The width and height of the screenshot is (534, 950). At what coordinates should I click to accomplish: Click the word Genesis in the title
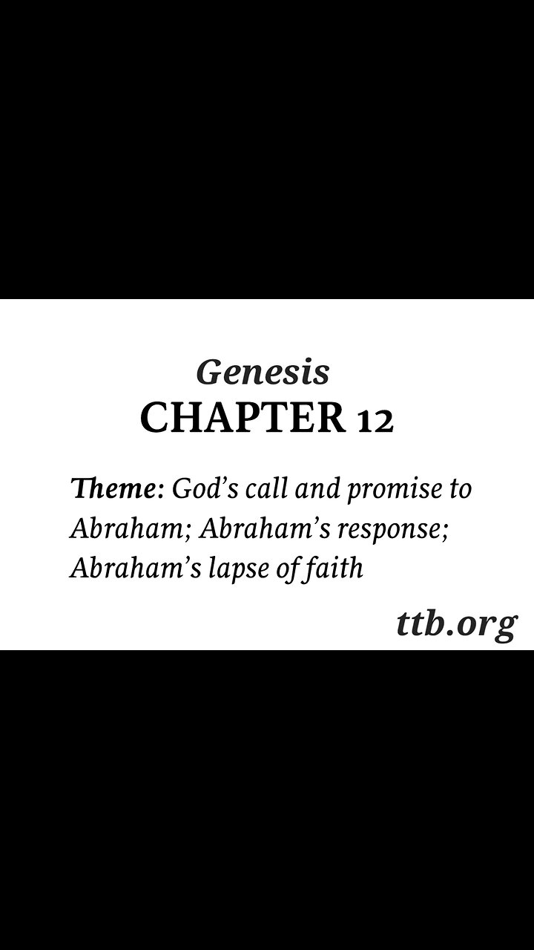263,373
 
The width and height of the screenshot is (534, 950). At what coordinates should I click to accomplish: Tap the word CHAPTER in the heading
243,419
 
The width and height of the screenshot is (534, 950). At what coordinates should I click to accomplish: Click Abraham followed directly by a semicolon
128,529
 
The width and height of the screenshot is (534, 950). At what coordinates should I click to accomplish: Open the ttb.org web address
455,625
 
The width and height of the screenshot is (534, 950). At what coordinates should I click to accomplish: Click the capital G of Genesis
208,373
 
